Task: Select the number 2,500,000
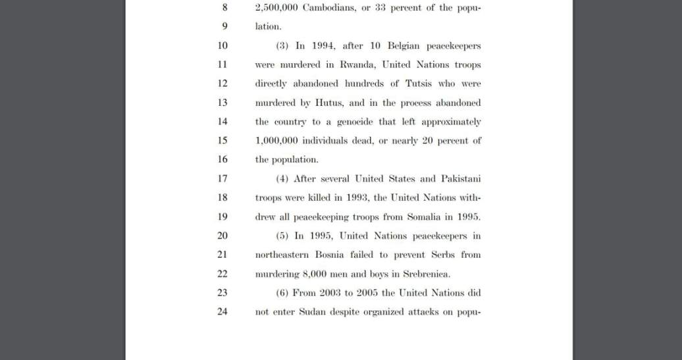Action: tap(276, 8)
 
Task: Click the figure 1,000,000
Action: tap(276, 141)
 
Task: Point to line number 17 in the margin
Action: tap(222, 178)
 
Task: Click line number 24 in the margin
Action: tap(222, 312)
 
